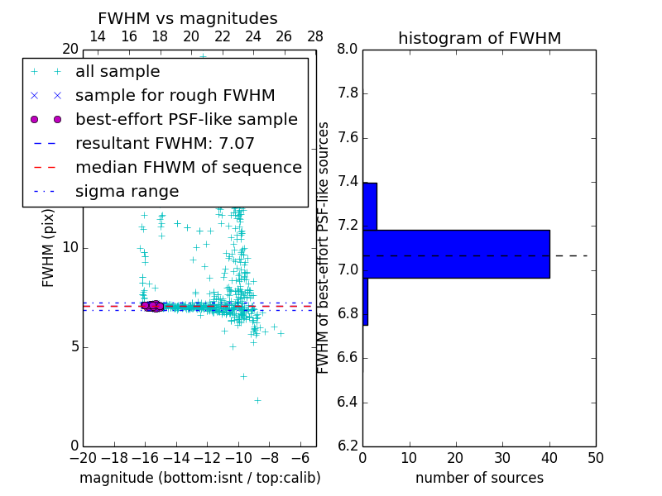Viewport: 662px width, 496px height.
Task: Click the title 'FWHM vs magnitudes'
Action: (188, 18)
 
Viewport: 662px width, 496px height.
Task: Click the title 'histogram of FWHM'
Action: (479, 38)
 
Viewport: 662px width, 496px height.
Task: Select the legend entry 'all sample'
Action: (118, 72)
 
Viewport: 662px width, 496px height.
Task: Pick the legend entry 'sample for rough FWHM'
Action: (175, 96)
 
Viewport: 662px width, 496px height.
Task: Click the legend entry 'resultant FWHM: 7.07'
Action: (165, 144)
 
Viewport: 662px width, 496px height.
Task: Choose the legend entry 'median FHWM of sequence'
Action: (188, 168)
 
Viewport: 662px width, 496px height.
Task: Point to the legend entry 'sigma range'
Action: (127, 192)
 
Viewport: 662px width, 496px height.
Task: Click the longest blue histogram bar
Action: (456, 254)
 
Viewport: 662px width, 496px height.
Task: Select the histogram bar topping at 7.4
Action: (370, 206)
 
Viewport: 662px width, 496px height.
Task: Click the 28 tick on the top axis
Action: (315, 37)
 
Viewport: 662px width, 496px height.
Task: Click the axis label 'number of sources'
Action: (479, 478)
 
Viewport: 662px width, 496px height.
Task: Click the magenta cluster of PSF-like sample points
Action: (154, 306)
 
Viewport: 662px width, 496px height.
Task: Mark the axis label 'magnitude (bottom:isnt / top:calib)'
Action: (199, 478)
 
